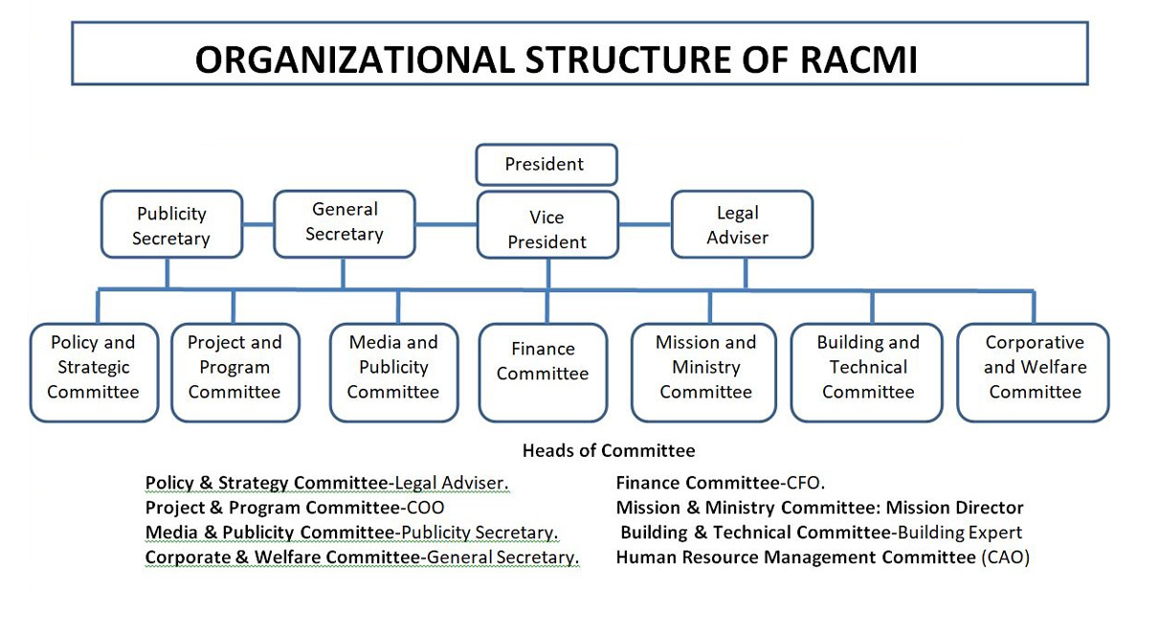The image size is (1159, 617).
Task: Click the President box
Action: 546,165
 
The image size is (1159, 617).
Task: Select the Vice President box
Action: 547,225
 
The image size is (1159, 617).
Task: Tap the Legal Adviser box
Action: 742,224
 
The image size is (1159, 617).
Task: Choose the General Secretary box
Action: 345,224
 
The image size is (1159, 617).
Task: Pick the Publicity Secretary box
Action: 171,224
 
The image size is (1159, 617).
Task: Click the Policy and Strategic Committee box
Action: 94,373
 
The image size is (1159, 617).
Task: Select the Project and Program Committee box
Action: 235,373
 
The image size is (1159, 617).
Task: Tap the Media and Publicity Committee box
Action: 393,373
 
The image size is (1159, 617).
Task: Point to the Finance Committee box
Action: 543,373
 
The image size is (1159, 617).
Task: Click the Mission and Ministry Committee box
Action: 703,373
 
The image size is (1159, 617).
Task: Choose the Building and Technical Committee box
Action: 867,373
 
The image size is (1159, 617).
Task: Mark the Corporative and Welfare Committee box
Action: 1034,373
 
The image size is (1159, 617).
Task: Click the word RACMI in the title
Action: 858,59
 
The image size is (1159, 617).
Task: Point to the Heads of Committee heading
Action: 609,450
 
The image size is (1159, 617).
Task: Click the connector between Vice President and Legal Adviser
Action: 645,224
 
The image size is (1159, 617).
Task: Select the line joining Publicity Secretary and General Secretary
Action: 258,224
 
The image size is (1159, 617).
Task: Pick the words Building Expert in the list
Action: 960,533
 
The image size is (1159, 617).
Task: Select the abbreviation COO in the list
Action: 425,508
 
